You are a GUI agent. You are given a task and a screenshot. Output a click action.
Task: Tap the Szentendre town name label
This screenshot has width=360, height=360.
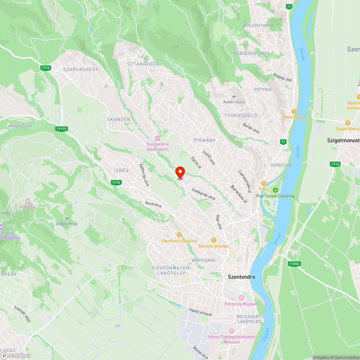pos(242,277)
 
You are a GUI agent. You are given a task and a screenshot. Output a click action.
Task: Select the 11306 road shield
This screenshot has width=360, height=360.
pos(294,264)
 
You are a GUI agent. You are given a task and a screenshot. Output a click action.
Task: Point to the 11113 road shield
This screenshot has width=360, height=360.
pos(62,129)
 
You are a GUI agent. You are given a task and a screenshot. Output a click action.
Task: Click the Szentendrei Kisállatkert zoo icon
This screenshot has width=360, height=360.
pos(157,138)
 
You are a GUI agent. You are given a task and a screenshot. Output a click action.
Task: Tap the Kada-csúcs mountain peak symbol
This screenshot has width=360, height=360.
pos(234,96)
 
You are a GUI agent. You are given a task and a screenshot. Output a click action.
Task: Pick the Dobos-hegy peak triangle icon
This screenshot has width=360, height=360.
pos(67,218)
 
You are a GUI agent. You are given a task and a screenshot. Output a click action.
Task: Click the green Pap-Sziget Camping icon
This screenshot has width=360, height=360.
pos(275,190)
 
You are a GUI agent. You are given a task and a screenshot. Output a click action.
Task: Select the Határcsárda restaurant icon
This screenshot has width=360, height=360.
pos(294,111)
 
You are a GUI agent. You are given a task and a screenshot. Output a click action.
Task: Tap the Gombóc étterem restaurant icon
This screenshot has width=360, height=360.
pos(213,240)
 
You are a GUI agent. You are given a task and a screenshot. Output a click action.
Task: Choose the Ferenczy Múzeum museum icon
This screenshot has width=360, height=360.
pos(241,298)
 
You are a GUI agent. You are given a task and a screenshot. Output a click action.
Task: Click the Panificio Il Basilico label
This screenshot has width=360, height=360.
pos(179,240)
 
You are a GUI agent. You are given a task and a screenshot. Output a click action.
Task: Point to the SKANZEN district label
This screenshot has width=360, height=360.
pos(118,119)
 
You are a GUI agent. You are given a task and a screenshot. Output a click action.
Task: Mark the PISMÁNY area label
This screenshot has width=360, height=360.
pos(204,140)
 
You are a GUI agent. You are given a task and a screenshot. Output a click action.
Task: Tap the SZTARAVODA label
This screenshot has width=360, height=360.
pos(143,64)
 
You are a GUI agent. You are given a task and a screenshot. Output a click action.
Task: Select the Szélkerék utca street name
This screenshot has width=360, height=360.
pos(203,194)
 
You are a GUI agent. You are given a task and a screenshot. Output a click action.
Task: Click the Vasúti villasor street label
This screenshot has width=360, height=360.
pos(201,312)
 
